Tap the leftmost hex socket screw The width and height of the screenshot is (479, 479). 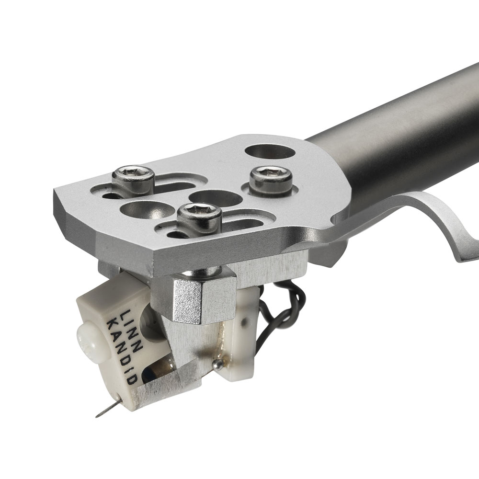[x=133, y=181]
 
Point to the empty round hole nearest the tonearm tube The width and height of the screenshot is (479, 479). [x=270, y=152]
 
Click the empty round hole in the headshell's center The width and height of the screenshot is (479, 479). [x=216, y=199]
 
